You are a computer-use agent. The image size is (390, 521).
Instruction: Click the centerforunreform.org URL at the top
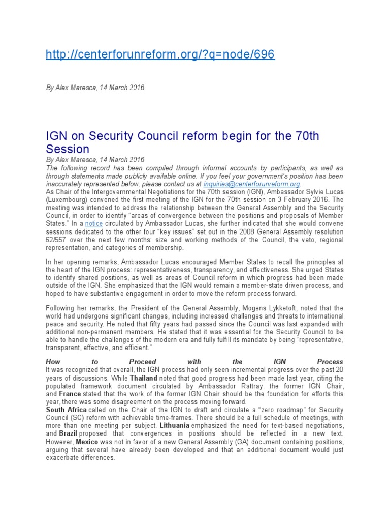[x=160, y=54]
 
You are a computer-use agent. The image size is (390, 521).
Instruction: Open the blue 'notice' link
[x=94, y=223]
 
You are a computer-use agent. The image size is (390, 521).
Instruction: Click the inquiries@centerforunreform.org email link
[x=251, y=183]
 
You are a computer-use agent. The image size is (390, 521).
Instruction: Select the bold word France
[x=70, y=394]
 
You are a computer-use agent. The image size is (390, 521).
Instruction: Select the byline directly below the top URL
[x=95, y=88]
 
